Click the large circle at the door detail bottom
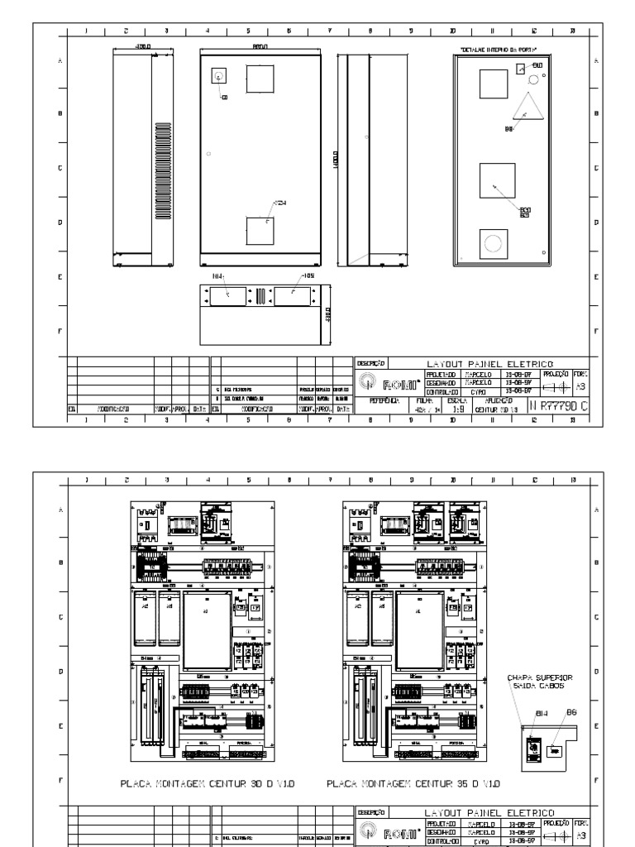pyautogui.click(x=494, y=243)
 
